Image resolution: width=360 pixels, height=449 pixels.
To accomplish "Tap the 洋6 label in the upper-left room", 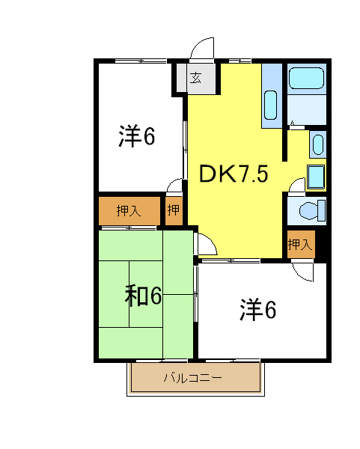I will (x=136, y=137).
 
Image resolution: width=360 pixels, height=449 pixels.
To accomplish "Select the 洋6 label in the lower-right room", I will (x=258, y=309).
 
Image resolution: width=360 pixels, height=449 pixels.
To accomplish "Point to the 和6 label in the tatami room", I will (x=143, y=296).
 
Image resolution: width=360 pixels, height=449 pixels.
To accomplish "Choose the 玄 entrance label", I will (x=195, y=78).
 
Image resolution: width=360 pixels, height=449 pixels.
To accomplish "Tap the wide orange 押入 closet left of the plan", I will (x=129, y=211).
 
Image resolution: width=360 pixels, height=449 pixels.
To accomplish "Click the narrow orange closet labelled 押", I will (x=174, y=211).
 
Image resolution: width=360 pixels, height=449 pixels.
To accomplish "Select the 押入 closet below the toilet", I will (x=299, y=244).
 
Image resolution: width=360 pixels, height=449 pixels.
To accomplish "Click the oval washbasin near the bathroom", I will (x=317, y=144).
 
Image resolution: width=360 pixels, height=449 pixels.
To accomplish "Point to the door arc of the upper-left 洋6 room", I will (x=176, y=186).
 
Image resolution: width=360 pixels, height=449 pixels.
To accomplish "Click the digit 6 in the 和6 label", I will (x=155, y=296).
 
